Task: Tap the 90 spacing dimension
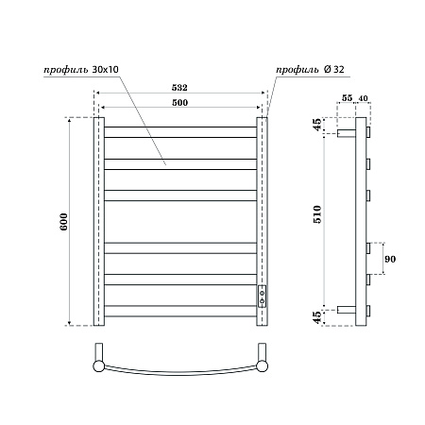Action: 389,259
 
